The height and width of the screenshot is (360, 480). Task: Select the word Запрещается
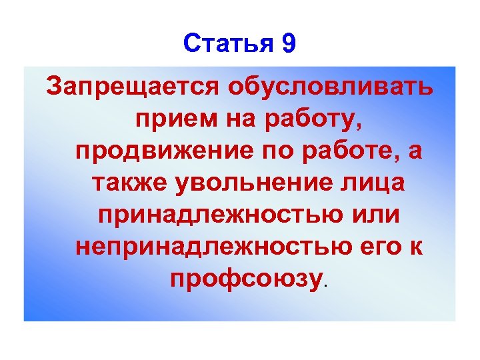(131, 87)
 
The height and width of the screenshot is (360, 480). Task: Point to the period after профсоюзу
(326, 285)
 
